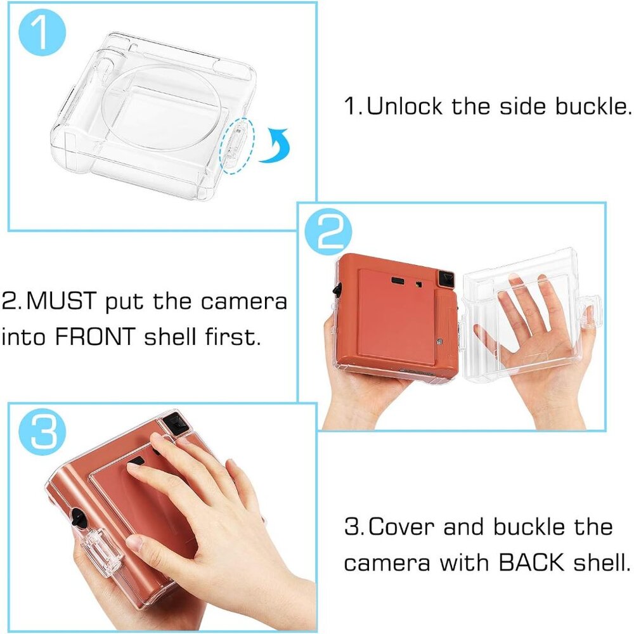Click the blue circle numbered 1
[x=42, y=32]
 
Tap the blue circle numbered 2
[x=328, y=231]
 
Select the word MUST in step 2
[x=61, y=301]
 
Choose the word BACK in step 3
[x=531, y=562]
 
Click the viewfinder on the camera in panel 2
[x=446, y=278]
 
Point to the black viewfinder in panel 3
[x=175, y=423]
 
